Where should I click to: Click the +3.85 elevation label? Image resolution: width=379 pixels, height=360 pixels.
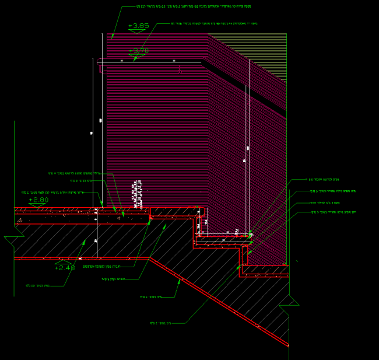point(138,26)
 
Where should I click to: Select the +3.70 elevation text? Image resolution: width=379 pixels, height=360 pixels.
point(138,51)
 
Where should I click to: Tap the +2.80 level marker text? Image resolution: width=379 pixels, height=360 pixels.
point(38,200)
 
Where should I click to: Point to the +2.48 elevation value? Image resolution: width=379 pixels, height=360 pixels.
point(64,267)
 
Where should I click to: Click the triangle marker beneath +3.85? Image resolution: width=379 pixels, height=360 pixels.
point(136,32)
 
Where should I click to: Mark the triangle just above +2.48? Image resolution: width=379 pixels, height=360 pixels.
point(63,262)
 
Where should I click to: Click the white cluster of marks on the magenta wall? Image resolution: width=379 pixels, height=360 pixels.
point(138,194)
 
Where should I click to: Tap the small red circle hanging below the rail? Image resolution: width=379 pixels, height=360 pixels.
point(180,71)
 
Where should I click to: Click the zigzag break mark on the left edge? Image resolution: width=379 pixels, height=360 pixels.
point(13,239)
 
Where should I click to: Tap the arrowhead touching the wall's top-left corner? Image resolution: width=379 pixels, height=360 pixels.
point(113,36)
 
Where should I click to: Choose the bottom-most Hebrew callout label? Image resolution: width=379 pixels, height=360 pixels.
point(160,323)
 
